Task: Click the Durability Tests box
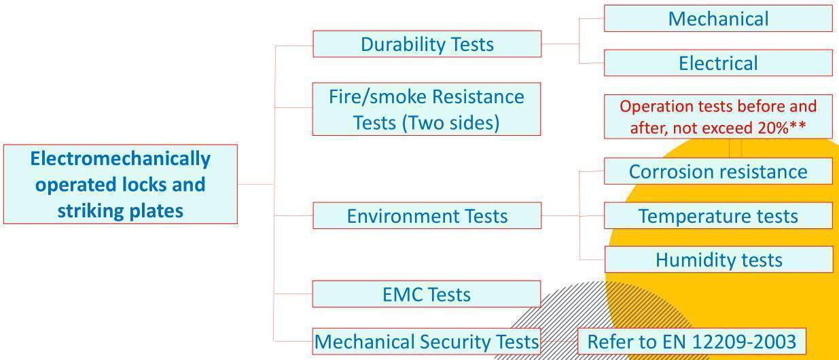(x=427, y=44)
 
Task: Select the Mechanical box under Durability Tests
(x=718, y=18)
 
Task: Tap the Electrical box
(x=718, y=63)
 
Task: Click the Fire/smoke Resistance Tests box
(x=427, y=109)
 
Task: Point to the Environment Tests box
(x=427, y=216)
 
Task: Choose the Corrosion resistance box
(x=718, y=171)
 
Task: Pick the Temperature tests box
(x=718, y=216)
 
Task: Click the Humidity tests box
(x=718, y=259)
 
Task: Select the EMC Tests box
(x=427, y=294)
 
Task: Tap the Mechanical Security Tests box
(x=427, y=341)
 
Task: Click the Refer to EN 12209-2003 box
(x=692, y=341)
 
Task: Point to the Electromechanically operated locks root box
(x=120, y=184)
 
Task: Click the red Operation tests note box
(x=718, y=117)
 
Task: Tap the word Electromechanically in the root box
(x=120, y=159)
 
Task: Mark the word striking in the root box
(x=88, y=211)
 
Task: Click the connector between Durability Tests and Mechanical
(x=579, y=31)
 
